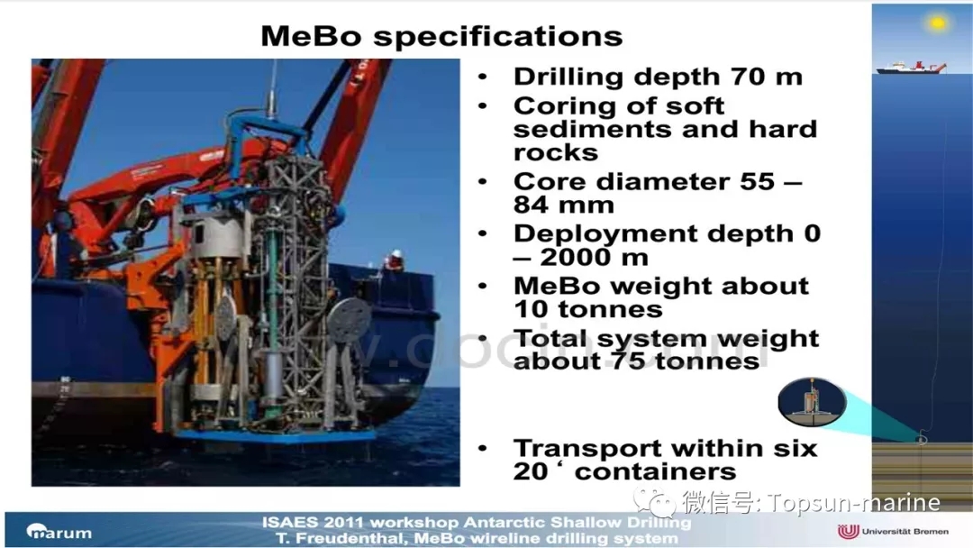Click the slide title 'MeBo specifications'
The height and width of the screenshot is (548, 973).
(x=441, y=36)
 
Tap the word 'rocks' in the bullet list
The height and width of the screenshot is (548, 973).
(x=555, y=152)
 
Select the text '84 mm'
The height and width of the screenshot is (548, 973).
(x=563, y=205)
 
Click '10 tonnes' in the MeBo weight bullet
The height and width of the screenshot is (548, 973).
(x=587, y=309)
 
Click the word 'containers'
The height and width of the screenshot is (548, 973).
(x=655, y=471)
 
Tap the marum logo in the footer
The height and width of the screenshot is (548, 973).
(x=59, y=531)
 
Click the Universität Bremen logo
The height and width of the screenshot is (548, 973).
(x=893, y=531)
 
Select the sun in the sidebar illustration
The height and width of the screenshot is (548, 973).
(x=937, y=23)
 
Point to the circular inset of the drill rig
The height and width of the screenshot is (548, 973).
(x=812, y=402)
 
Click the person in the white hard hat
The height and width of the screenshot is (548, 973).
(x=394, y=260)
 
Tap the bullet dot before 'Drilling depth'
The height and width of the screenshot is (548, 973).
(x=483, y=77)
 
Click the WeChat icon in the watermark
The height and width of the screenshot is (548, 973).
(x=654, y=501)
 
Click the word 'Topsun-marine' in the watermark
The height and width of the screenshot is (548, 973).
(x=854, y=502)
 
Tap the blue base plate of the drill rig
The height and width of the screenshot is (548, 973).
(x=277, y=436)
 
